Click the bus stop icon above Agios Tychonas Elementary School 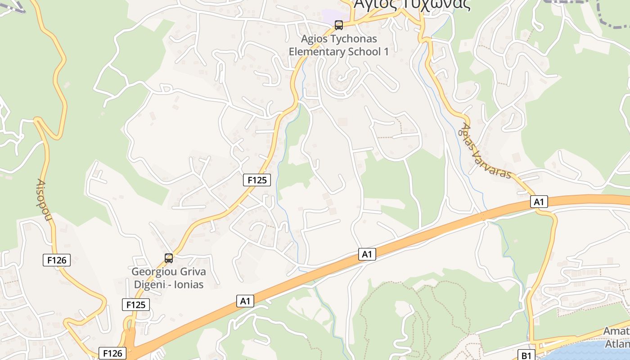coord(339,25)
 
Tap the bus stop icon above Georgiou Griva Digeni coord(169,258)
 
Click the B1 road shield coord(526,355)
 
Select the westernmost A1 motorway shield coord(245,301)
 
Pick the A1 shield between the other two coord(367,254)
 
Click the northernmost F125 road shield coord(257,180)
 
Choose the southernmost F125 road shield coord(135,305)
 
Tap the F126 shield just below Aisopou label coord(57,260)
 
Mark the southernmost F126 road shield coord(112,353)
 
